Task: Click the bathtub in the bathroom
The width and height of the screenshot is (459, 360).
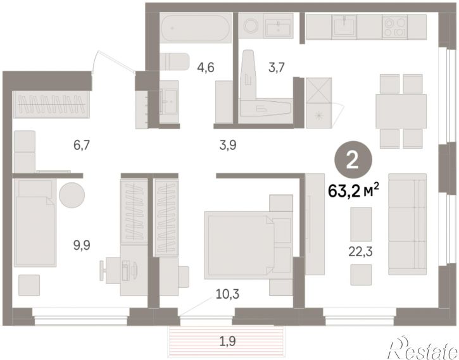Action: coord(196,28)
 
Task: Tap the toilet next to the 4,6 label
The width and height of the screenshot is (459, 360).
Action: coord(175,62)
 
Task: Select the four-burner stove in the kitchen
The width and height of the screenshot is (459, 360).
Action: coord(394,27)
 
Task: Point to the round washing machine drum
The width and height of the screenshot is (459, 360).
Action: coord(251,25)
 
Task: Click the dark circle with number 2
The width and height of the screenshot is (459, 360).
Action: coord(353,159)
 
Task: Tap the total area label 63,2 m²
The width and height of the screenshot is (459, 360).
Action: coord(354,190)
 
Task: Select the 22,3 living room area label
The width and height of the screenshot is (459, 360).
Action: coord(360,251)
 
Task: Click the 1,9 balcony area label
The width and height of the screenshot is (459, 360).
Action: coord(228,341)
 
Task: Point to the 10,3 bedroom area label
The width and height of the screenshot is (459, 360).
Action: coord(227,294)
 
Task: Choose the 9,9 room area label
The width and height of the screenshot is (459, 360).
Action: coord(82,245)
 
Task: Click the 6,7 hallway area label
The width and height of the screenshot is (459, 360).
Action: coord(82,145)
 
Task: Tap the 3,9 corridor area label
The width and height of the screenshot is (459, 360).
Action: coord(228,145)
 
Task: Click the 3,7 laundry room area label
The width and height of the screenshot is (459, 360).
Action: coord(276,68)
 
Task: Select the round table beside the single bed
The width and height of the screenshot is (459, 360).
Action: coord(72,195)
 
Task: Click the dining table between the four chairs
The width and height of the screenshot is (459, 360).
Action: coord(401,111)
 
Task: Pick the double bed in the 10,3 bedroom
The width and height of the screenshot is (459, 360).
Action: coord(248,245)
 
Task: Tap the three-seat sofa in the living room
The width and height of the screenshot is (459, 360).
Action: coord(407,224)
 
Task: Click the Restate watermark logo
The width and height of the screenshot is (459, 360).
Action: coord(423,349)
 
